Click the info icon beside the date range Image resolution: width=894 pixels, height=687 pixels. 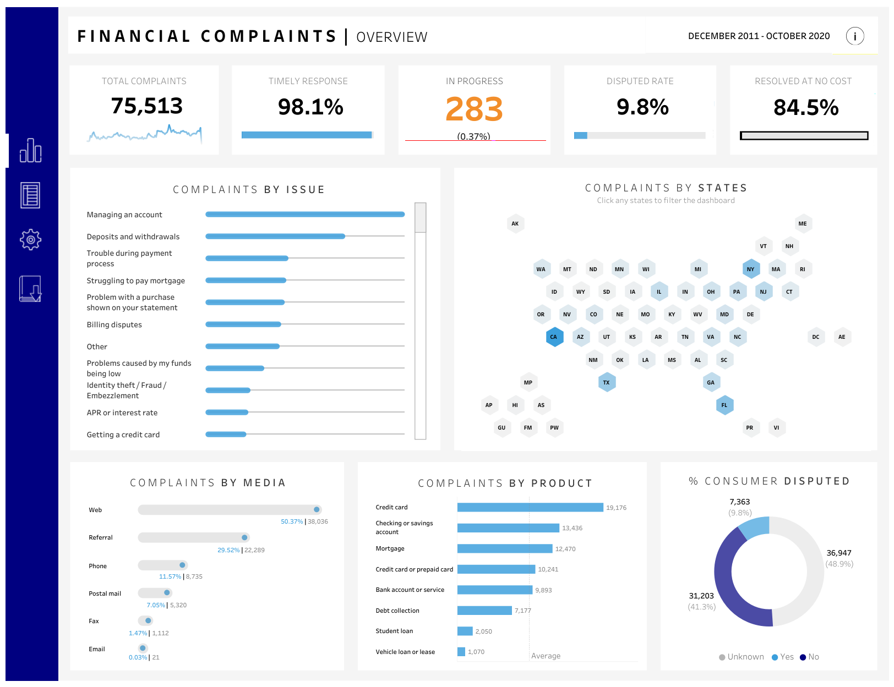click(854, 36)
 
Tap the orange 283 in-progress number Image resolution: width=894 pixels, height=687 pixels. click(474, 109)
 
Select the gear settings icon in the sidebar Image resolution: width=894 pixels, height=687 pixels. click(30, 239)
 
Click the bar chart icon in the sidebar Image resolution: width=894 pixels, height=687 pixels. click(30, 150)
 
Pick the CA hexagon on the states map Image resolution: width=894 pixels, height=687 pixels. click(554, 337)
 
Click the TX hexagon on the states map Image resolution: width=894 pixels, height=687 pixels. click(606, 382)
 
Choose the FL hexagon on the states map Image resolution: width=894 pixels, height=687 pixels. click(724, 405)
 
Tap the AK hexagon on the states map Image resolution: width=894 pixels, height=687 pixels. click(515, 223)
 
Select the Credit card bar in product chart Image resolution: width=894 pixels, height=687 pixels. click(530, 507)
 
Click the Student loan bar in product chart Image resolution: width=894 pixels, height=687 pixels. click(465, 631)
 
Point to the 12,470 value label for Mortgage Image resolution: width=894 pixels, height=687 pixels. click(565, 549)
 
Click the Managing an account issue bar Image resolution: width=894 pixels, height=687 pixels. click(305, 215)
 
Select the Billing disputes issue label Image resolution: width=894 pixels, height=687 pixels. click(114, 325)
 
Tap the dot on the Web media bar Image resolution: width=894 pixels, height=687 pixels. click(317, 510)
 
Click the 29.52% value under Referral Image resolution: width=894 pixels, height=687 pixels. click(228, 550)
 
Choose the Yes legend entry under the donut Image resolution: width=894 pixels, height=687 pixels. click(783, 657)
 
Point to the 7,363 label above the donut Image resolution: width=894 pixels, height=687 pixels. click(739, 502)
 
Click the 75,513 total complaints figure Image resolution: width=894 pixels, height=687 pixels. click(146, 106)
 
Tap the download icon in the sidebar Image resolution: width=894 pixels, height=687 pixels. click(30, 289)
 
